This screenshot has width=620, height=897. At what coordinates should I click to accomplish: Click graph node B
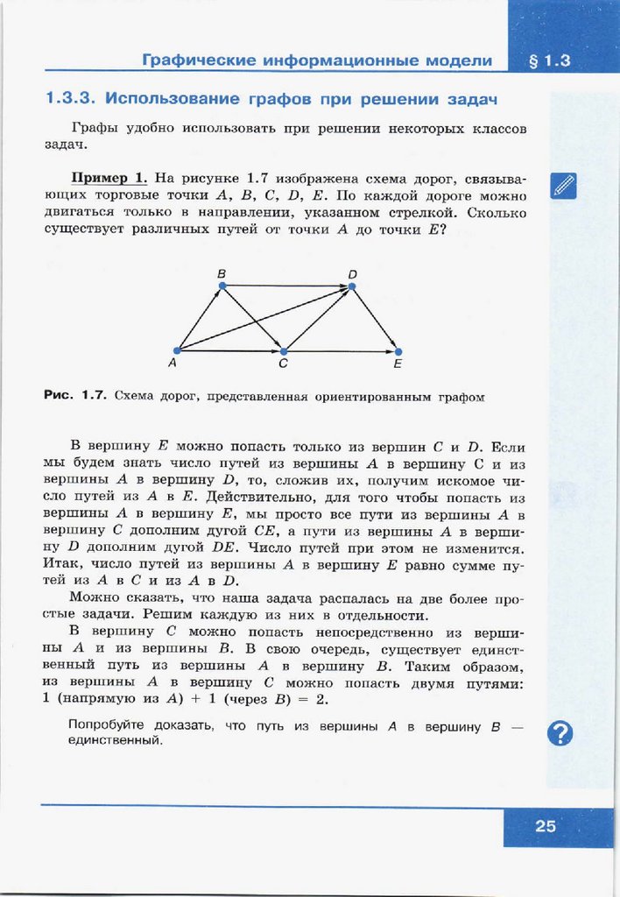(x=222, y=286)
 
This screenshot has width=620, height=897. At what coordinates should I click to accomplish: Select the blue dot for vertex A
(x=177, y=350)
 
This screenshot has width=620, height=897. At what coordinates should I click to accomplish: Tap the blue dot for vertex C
(x=283, y=350)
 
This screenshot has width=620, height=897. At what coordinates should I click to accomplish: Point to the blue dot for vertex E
(x=398, y=350)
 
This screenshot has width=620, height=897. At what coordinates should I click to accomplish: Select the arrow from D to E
(x=374, y=318)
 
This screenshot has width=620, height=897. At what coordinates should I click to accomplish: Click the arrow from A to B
(x=200, y=318)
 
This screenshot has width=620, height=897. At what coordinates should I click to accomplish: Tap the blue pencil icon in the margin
(x=564, y=186)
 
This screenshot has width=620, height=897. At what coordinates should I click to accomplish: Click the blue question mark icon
(x=560, y=732)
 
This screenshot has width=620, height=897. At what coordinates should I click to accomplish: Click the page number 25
(x=546, y=826)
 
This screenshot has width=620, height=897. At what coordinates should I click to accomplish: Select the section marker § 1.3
(x=550, y=61)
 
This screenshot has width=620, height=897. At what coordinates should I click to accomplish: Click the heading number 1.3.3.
(x=74, y=96)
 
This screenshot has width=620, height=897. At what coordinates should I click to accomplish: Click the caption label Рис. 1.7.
(x=75, y=396)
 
